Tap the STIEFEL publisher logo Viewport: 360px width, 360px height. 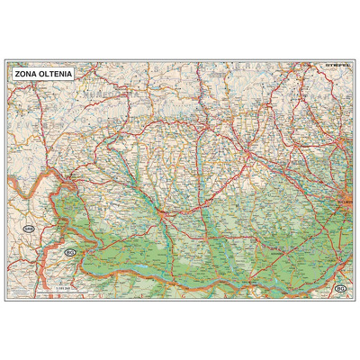tap(337, 64)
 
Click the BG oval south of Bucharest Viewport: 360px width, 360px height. tap(339, 288)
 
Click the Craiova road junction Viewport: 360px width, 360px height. tap(159, 214)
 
